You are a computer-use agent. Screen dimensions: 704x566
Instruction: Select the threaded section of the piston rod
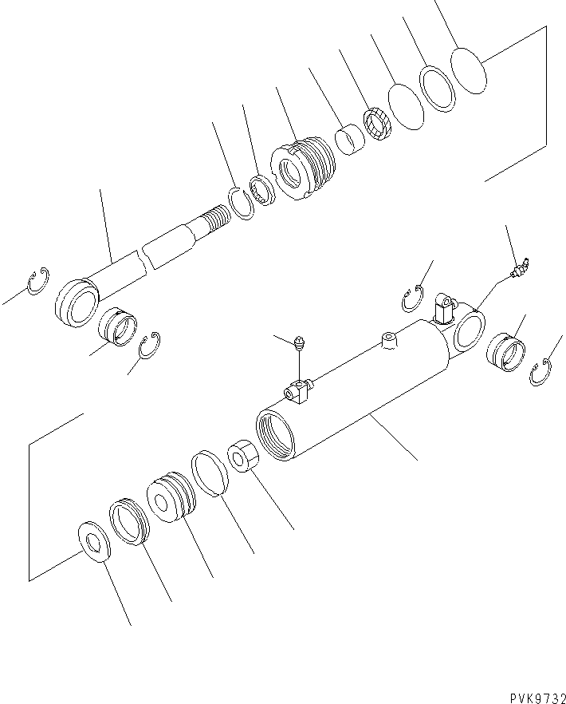[214, 216]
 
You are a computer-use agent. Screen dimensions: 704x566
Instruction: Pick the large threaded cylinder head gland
[305, 166]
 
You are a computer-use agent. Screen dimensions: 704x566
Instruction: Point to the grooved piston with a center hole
[170, 499]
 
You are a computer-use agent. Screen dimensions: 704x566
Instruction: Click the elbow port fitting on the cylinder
[442, 307]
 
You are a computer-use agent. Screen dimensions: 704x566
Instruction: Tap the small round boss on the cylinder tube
[388, 341]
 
